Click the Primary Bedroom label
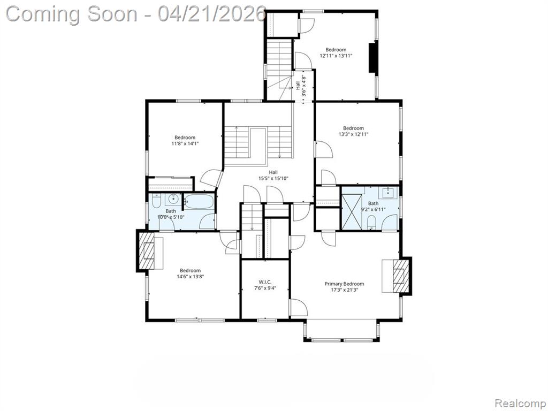coord(344,284)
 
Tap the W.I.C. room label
coord(265,282)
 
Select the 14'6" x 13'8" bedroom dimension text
coord(190,277)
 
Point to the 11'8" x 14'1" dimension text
coord(185,143)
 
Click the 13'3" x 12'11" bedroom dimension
coord(353,134)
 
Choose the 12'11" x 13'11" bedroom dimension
coord(336,55)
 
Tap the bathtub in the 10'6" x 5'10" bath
coord(199,202)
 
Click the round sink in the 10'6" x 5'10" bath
coord(173,199)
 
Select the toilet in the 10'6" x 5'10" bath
coord(156,201)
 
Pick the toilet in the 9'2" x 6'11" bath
coord(371,222)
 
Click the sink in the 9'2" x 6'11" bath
coord(388,192)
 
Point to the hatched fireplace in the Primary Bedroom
coord(401,276)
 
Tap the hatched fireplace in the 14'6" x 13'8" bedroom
coord(147,251)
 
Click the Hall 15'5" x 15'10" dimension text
coord(273,178)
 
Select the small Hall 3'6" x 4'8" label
coord(301,86)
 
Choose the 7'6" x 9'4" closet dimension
coord(265,288)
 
